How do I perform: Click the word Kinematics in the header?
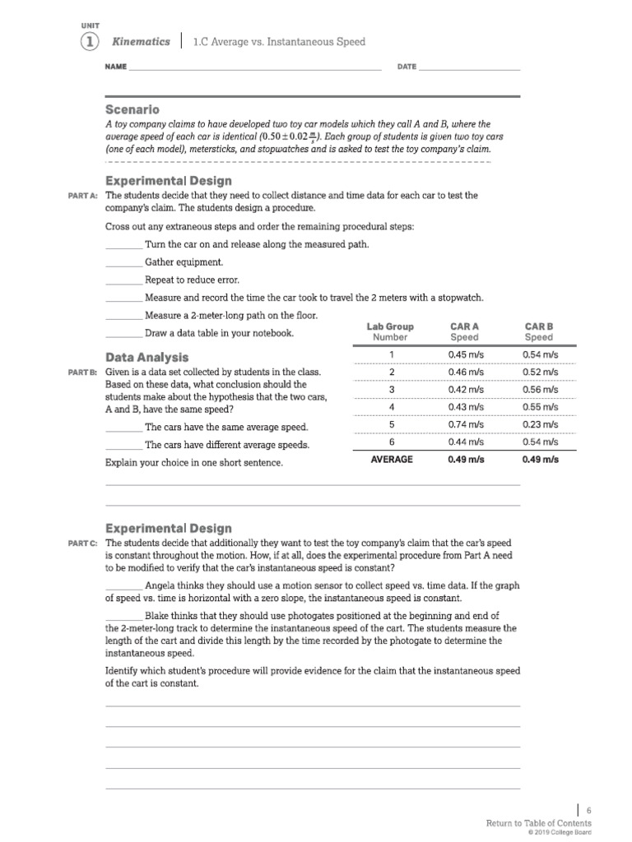point(141,41)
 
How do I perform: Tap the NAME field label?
point(116,67)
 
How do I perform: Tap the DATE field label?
point(407,67)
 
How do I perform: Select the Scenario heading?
point(132,109)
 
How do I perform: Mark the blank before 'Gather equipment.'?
point(123,263)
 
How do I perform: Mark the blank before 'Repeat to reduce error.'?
point(123,281)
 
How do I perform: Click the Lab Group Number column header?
point(390,331)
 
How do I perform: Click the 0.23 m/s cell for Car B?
point(540,424)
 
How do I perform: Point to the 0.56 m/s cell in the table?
point(540,389)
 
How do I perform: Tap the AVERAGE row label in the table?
point(392,460)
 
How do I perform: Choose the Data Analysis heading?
point(147,357)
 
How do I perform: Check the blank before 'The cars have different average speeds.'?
point(123,446)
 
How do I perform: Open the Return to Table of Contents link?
point(538,823)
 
